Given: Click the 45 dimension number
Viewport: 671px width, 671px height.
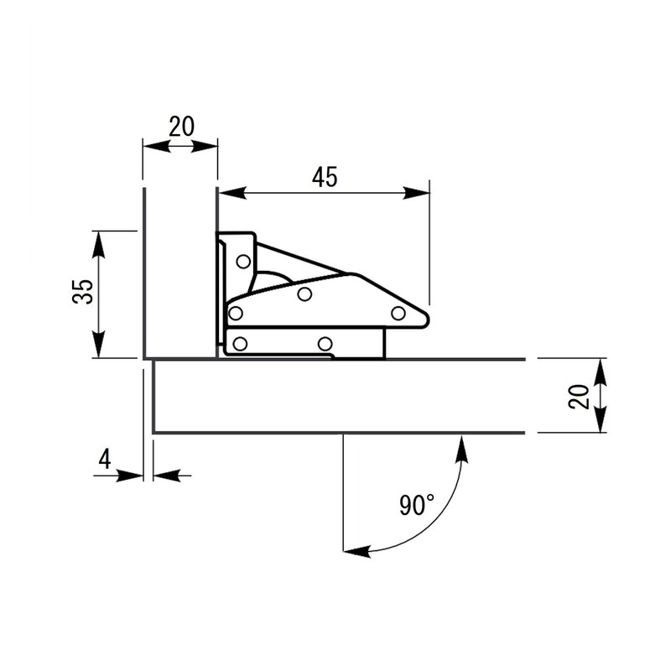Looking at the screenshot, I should (325, 177).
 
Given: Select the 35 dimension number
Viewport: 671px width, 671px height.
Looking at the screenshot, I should (82, 293).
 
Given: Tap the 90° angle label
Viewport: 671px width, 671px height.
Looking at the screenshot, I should (417, 505).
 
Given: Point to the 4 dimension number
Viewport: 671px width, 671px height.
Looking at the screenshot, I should (105, 459).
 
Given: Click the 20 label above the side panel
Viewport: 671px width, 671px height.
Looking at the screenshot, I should (181, 127).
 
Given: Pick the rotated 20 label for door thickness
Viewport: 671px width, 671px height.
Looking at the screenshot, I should (578, 395).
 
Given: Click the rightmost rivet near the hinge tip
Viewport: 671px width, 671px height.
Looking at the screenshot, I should (398, 313).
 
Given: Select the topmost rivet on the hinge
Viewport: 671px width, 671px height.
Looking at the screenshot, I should (243, 261).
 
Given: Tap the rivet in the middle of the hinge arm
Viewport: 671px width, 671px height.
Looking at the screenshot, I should (305, 293).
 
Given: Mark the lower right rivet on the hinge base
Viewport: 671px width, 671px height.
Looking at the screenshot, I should (325, 342).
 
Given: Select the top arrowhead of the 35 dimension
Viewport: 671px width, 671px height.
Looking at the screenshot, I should (99, 243).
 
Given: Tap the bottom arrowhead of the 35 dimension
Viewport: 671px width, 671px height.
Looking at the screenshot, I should (99, 345).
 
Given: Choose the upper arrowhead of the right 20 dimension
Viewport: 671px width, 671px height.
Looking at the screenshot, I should (601, 370).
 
